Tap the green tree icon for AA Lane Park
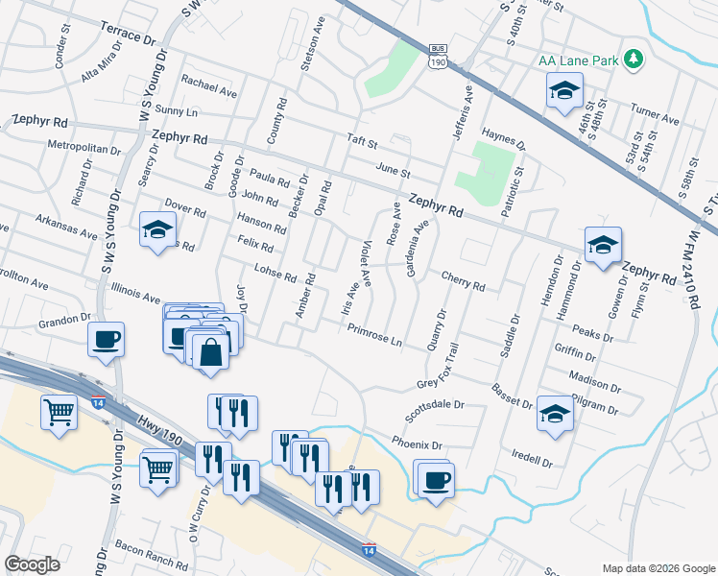(633, 60)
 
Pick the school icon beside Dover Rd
(156, 230)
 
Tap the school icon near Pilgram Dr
(554, 414)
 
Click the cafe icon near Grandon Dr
(106, 339)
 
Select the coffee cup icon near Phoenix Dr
(434, 478)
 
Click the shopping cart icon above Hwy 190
(60, 413)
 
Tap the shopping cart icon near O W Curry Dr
(158, 468)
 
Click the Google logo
(32, 564)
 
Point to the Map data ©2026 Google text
(658, 568)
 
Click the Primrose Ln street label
(374, 336)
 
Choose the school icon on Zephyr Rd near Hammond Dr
(603, 245)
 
